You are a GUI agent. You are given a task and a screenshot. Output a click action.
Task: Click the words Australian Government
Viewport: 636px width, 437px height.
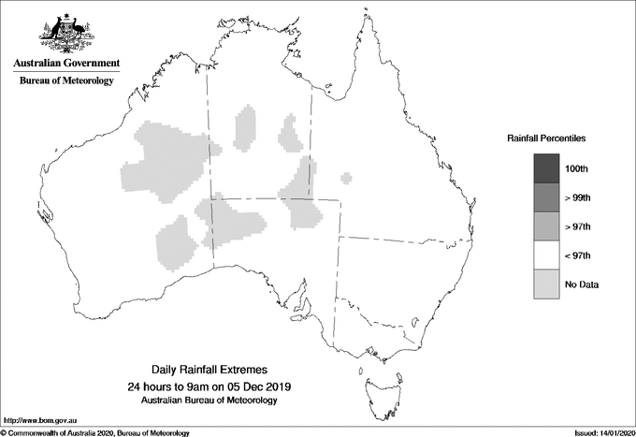[x=66, y=64]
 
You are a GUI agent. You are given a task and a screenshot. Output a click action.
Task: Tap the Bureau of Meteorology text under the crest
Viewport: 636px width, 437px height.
[x=66, y=81]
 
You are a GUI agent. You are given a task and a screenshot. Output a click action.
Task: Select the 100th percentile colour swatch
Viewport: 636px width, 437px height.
[x=547, y=168]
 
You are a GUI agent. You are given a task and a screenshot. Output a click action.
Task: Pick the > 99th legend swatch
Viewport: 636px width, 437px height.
[x=547, y=197]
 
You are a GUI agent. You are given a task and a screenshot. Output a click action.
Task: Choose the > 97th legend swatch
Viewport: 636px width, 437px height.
[x=547, y=226]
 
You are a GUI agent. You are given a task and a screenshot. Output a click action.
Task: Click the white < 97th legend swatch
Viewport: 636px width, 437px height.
[x=547, y=255]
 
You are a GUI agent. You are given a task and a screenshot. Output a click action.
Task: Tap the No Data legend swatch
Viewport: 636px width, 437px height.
[x=547, y=284]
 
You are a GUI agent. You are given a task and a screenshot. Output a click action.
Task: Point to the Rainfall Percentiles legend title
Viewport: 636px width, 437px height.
[x=546, y=138]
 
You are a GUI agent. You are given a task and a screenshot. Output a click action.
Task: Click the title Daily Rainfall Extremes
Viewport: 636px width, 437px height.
[x=209, y=371]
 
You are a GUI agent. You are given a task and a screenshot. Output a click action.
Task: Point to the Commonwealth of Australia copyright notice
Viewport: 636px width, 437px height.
[x=96, y=432]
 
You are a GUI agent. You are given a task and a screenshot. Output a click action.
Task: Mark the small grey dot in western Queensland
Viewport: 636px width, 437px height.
[x=347, y=177]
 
